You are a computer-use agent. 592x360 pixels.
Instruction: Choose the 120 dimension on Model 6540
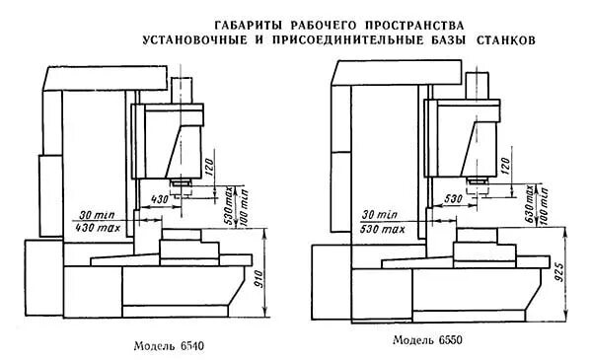click(x=209, y=164)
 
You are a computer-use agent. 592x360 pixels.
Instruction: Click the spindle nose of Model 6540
click(x=181, y=184)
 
